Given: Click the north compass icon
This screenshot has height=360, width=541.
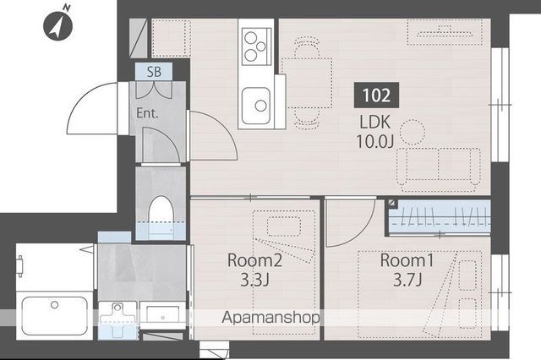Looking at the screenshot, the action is (x=57, y=25).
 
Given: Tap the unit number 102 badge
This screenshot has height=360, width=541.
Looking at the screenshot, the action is (x=376, y=95).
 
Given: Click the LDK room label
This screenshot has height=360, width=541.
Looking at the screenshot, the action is (x=375, y=122).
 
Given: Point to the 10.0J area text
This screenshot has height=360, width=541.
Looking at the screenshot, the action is (x=374, y=141).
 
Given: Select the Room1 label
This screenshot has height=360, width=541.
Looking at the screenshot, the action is (x=407, y=260).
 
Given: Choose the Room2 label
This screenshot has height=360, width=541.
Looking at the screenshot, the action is (x=255, y=260).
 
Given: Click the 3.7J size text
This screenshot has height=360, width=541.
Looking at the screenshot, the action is (x=407, y=280).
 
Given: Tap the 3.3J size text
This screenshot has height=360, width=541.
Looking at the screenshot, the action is (x=254, y=280).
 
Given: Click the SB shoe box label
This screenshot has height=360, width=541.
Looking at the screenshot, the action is (x=154, y=72).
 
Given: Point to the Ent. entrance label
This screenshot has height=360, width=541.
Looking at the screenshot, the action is (x=147, y=113).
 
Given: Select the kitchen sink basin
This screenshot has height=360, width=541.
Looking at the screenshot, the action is (x=255, y=106).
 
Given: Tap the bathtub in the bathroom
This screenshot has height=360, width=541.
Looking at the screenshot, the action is (x=54, y=315).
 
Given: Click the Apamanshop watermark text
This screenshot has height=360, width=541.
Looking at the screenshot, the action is (x=270, y=317).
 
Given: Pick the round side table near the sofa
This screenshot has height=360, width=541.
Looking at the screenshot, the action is (x=412, y=132).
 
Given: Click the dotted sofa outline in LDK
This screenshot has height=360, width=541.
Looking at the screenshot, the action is (x=438, y=170).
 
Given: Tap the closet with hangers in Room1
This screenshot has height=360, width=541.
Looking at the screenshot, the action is (x=440, y=217).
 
